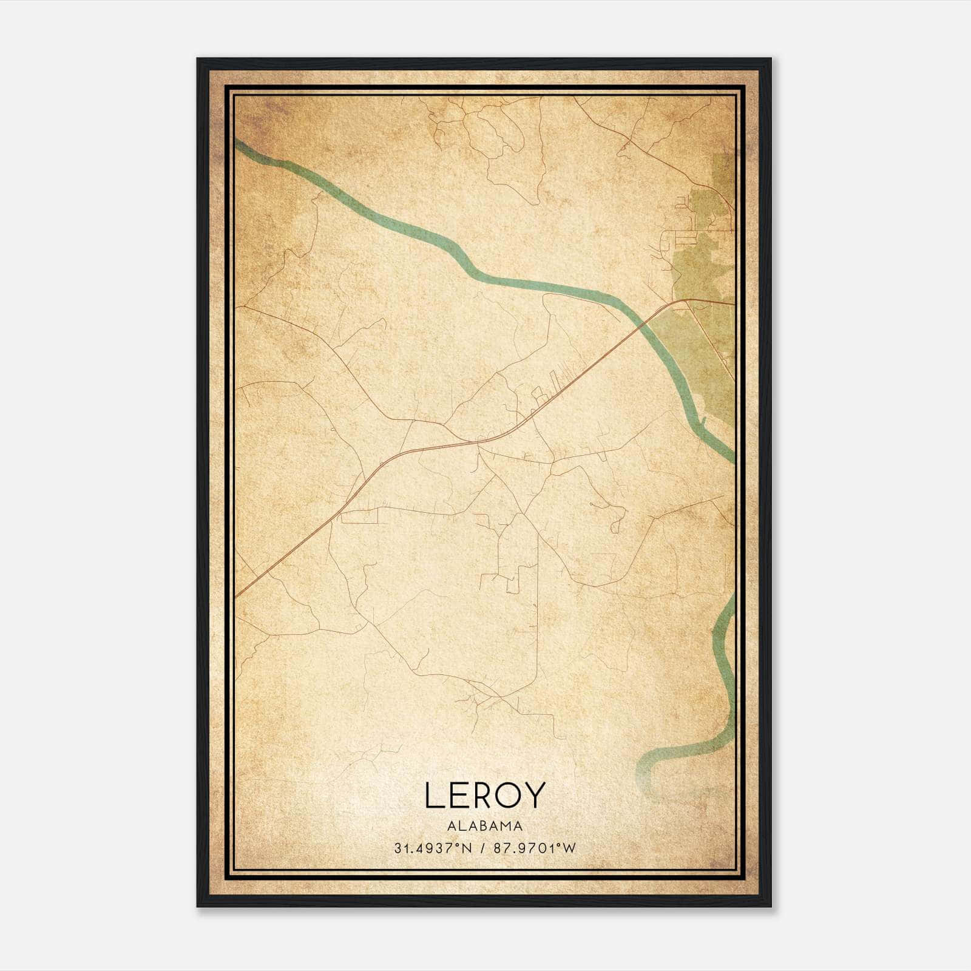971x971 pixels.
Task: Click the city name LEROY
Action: [485, 795]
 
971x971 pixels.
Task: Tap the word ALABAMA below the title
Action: [485, 825]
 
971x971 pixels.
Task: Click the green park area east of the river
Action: [704, 267]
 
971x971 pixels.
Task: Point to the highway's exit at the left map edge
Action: [238, 595]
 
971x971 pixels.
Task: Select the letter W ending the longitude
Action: [569, 848]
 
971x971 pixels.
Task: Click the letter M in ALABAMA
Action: [507, 825]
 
